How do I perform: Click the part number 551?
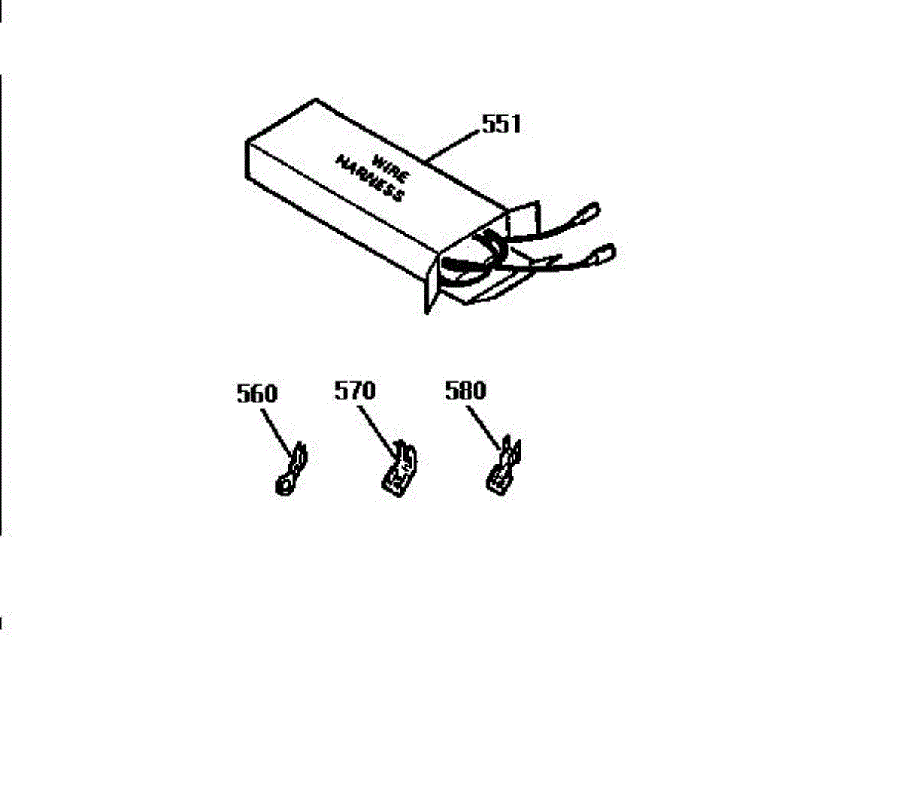pos(501,124)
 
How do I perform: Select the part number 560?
pos(257,393)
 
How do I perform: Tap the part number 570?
pos(354,391)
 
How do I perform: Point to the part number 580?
pos(465,391)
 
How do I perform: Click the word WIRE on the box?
pos(390,168)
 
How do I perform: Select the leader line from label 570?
pos(377,430)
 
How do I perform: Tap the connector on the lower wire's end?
pos(603,256)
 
